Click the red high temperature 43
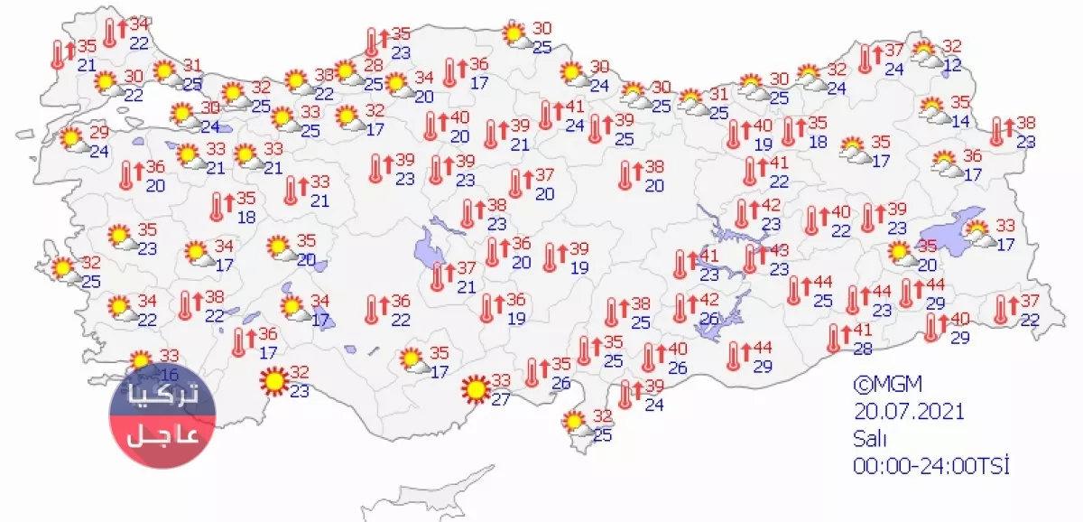pyautogui.click(x=779, y=250)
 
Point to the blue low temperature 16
pyautogui.click(x=170, y=374)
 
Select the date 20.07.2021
pyautogui.click(x=909, y=412)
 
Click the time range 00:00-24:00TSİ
pyautogui.click(x=930, y=466)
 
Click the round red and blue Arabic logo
pyautogui.click(x=162, y=415)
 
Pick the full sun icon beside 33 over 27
pyautogui.click(x=474, y=390)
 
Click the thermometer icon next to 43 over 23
pyautogui.click(x=752, y=259)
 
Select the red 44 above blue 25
pyautogui.click(x=822, y=284)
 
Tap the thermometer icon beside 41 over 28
pyautogui.click(x=836, y=339)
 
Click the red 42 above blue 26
pyautogui.click(x=709, y=300)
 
